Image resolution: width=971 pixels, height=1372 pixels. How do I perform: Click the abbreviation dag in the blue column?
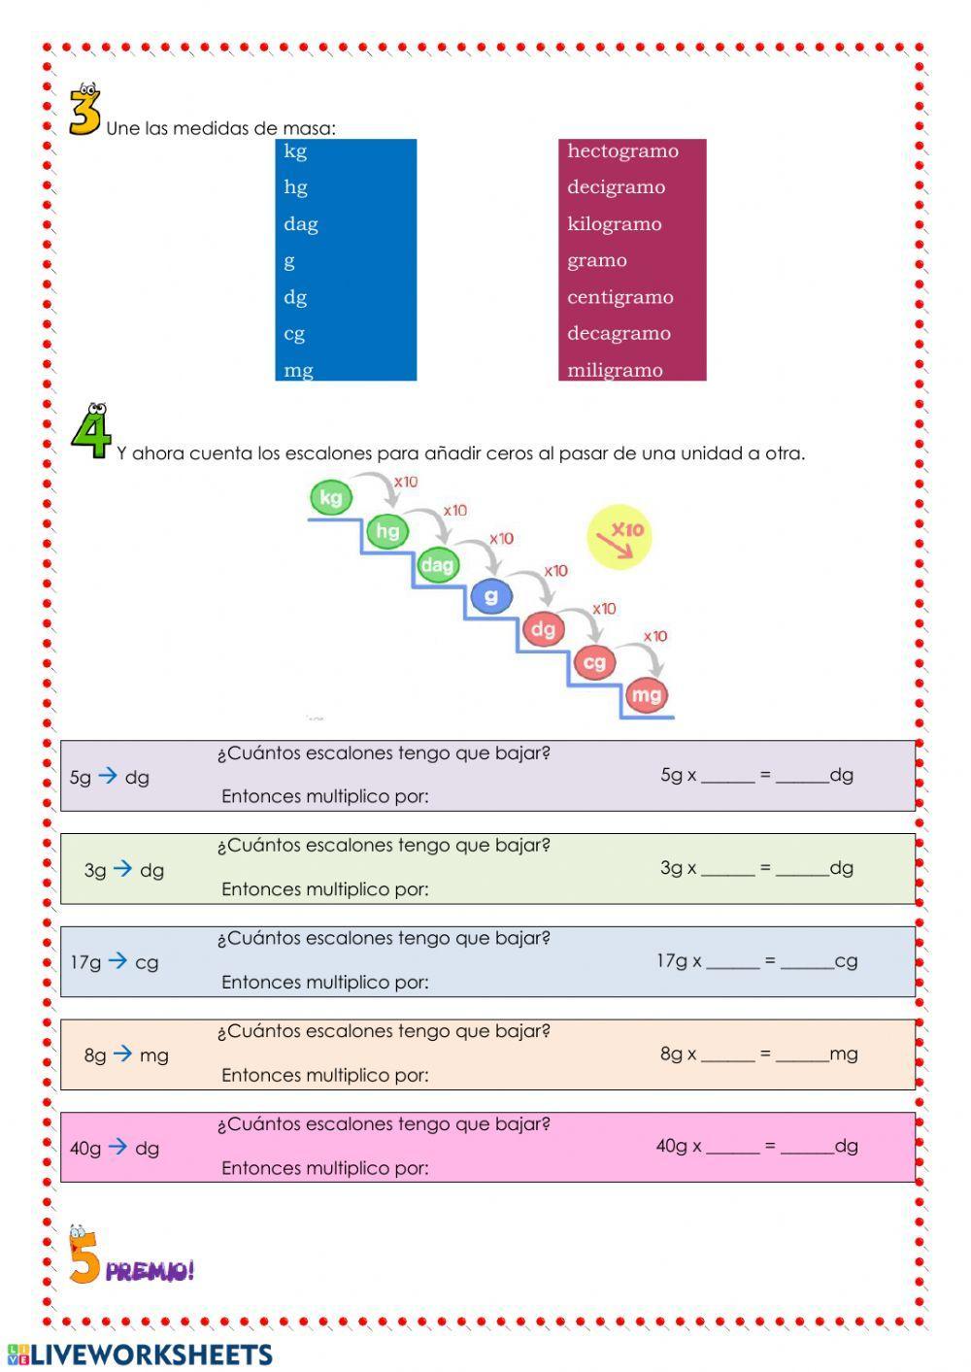tap(301, 224)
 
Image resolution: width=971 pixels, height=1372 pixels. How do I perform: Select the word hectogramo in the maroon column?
tap(622, 151)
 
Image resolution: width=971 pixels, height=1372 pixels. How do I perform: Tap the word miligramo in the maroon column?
tap(615, 370)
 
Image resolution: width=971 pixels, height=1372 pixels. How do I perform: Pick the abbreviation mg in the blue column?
tap(298, 370)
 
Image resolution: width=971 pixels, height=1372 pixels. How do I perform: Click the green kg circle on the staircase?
tap(330, 498)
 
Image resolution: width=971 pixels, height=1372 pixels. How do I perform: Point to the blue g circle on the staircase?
tap(491, 595)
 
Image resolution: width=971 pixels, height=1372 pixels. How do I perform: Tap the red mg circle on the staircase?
tap(646, 694)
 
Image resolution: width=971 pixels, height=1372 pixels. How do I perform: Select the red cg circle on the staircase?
tap(594, 662)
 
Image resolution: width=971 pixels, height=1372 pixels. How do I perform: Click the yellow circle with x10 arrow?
tap(619, 536)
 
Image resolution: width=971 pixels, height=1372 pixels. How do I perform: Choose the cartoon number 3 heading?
tap(84, 112)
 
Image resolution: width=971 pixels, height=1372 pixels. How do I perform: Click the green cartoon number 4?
tap(90, 433)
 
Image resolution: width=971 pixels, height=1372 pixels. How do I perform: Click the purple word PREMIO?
tap(151, 1270)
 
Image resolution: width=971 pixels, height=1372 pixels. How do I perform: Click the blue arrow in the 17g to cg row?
tap(117, 961)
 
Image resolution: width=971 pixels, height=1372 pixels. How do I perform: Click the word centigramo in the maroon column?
tap(619, 297)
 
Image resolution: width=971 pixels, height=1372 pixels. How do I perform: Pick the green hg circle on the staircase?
tap(387, 530)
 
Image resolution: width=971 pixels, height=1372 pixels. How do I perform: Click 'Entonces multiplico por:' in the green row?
tap(324, 889)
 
